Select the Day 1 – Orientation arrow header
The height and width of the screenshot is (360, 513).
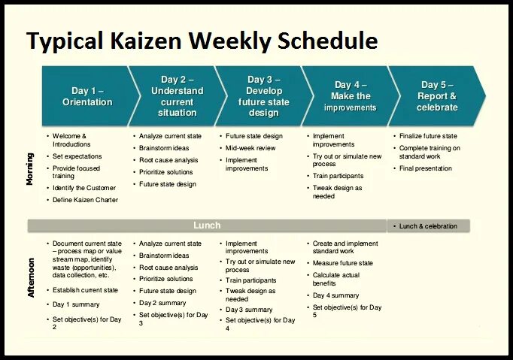pyautogui.click(x=87, y=96)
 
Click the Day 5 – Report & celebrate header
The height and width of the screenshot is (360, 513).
pyautogui.click(x=437, y=96)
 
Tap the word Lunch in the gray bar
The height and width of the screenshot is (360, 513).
pyautogui.click(x=207, y=225)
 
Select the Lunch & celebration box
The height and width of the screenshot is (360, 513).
pyautogui.click(x=428, y=225)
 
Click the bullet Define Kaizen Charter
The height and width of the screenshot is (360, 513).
pyautogui.click(x=85, y=200)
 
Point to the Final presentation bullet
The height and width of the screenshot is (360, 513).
pyautogui.click(x=425, y=168)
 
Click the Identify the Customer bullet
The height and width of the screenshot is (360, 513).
pyautogui.click(x=84, y=188)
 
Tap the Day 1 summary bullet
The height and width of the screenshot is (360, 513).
pyautogui.click(x=76, y=304)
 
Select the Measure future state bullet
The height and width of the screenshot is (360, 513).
pyautogui.click(x=342, y=263)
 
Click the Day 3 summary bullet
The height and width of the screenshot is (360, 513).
pyautogui.click(x=249, y=310)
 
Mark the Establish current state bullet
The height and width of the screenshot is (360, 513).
pyautogui.click(x=85, y=290)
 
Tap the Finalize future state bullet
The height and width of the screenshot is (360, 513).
pyautogui.click(x=428, y=136)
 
